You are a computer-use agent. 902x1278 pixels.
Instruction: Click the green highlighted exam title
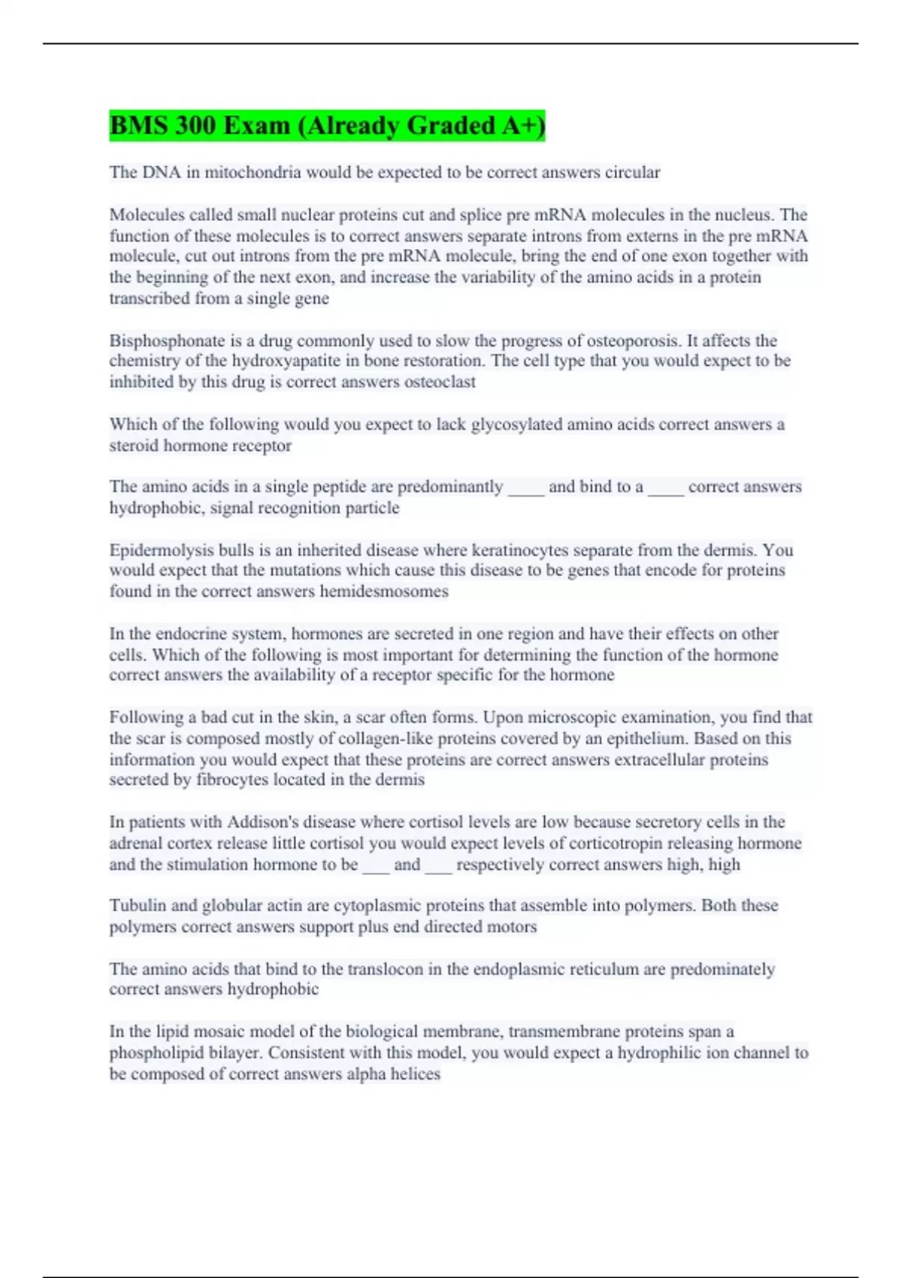point(327,126)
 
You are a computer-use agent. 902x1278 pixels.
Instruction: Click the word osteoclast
point(440,382)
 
